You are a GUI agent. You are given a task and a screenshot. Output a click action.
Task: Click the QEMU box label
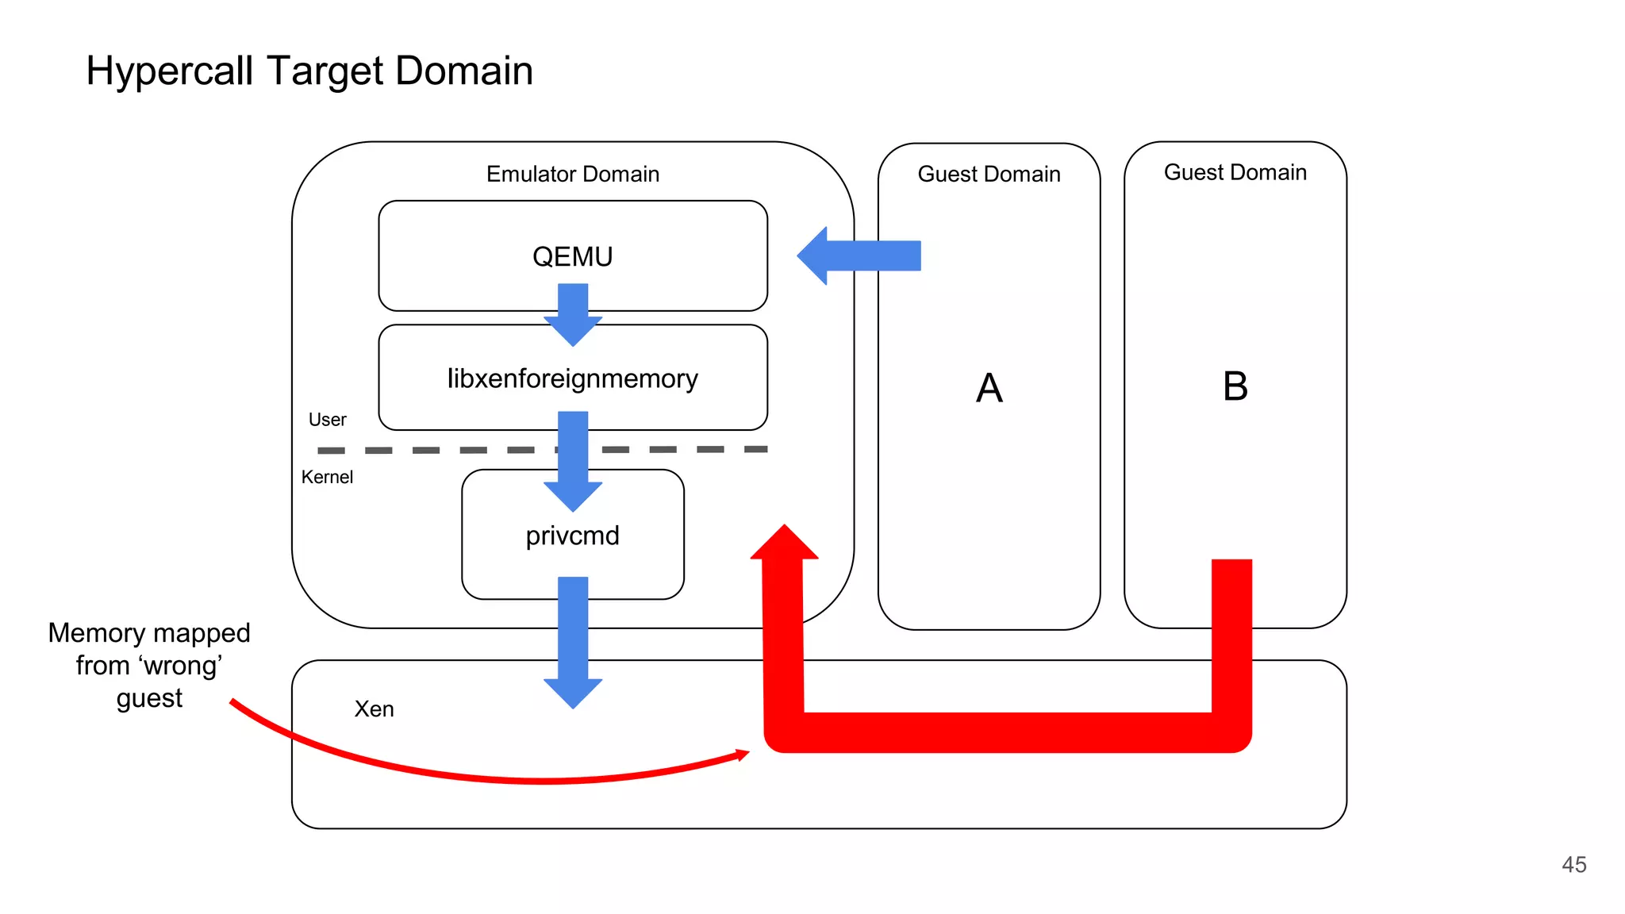(x=572, y=257)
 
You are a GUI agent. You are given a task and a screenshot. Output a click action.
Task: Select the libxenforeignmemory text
(x=572, y=378)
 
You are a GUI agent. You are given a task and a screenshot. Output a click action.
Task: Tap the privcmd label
(x=572, y=536)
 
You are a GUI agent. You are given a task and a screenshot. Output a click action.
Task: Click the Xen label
(x=374, y=709)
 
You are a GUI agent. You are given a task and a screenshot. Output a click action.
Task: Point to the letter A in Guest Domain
(x=989, y=388)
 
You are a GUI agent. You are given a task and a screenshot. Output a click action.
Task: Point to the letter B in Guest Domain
(x=1235, y=386)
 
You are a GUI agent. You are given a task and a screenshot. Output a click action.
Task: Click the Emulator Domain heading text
(x=572, y=174)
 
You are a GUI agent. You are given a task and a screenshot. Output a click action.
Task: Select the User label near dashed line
(x=327, y=420)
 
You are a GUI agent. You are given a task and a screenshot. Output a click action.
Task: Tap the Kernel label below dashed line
(x=327, y=477)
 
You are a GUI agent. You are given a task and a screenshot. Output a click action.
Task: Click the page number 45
(x=1573, y=864)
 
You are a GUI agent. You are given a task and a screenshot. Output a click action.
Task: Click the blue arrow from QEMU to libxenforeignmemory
(x=572, y=314)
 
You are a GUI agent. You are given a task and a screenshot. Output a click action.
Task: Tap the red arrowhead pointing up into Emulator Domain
(x=784, y=544)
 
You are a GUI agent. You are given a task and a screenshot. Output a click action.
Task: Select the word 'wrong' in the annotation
(x=180, y=665)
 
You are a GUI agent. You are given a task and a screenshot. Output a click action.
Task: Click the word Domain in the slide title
(x=463, y=71)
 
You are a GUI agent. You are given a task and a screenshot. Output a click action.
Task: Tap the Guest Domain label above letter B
(x=1235, y=172)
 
